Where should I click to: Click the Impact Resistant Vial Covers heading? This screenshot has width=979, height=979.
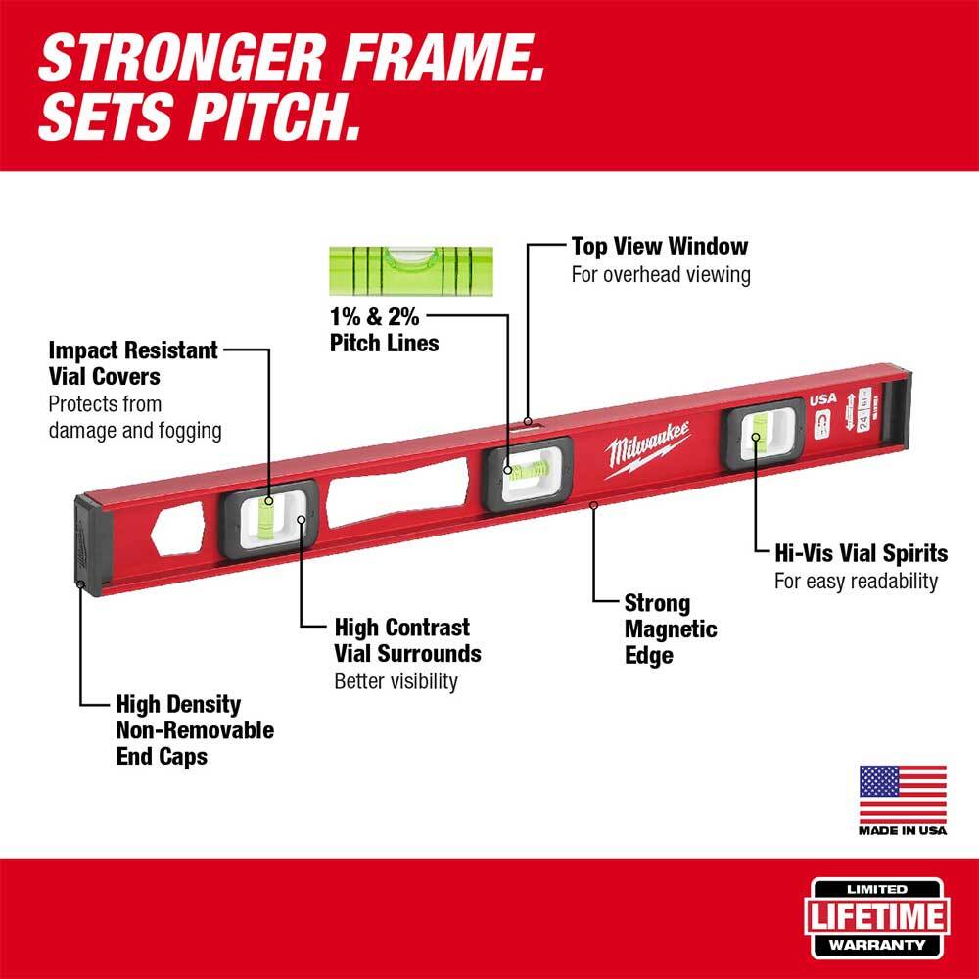[x=133, y=362]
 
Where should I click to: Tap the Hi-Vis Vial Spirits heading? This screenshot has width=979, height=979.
[x=861, y=553]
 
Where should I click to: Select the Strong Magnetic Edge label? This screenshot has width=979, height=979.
[x=671, y=629]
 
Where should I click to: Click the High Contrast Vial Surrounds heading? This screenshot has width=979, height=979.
[x=407, y=639]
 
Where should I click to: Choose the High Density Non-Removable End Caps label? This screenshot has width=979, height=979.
[x=194, y=729]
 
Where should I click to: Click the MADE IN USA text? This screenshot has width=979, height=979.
[x=903, y=831]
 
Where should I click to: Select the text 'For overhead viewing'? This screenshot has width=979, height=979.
[x=661, y=274]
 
